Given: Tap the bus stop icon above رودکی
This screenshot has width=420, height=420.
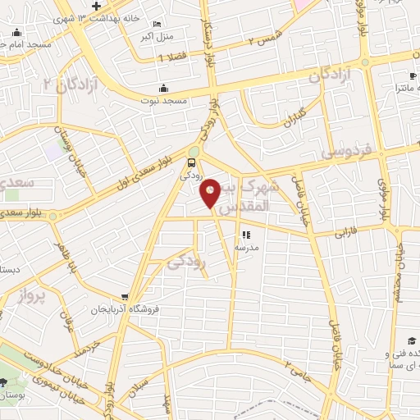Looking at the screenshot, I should tap(192, 162).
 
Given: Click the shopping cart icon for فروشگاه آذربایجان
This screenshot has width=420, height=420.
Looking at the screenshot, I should tap(124, 297).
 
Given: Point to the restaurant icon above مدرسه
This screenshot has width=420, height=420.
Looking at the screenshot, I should tap(245, 235).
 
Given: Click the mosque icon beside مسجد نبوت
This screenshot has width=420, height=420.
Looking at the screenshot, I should tap(163, 88).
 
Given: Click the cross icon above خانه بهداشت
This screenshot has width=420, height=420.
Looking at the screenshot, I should tap(96, 7).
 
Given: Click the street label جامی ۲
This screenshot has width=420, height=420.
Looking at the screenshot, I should tap(299, 363).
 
